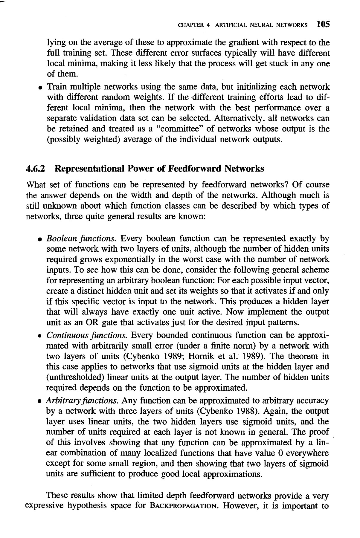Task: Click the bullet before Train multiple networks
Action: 39,88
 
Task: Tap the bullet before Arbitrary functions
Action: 39,401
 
